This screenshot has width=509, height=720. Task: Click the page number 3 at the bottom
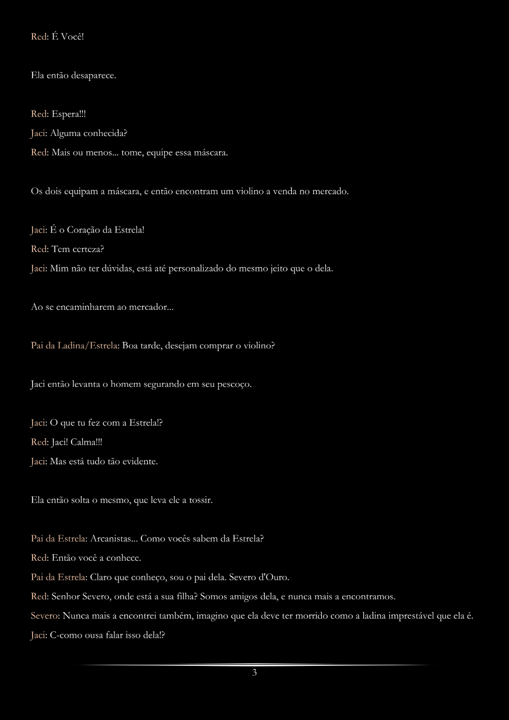tap(255, 672)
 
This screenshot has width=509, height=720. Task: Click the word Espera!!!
tap(69, 114)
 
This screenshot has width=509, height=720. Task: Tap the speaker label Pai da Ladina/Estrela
tap(75, 345)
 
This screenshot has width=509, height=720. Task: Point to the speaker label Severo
tap(45, 615)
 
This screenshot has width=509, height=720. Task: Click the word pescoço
tap(234, 384)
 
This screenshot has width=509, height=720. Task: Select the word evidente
tap(136, 462)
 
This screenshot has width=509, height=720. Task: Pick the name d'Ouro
tap(273, 577)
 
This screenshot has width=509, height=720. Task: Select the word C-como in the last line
tap(66, 635)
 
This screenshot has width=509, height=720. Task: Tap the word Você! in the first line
tap(73, 37)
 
